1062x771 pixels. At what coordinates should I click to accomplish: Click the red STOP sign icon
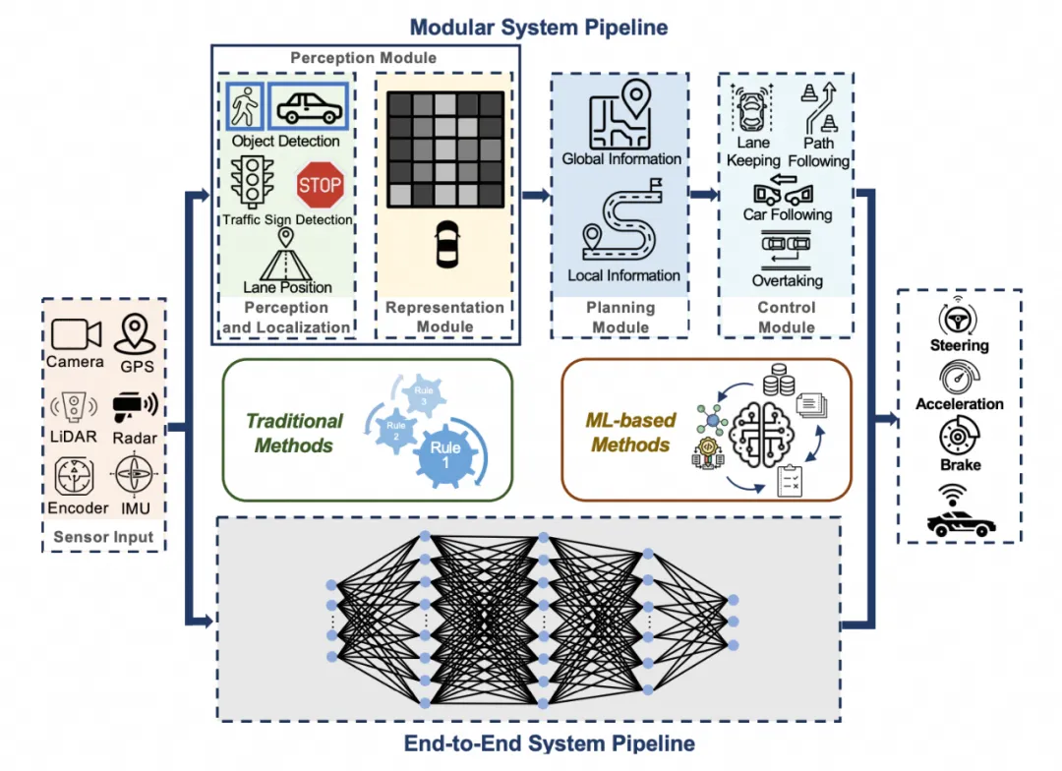click(x=320, y=185)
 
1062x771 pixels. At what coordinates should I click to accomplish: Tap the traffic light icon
click(x=252, y=182)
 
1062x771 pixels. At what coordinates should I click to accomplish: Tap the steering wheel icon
click(x=959, y=317)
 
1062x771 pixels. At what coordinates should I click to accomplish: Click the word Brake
click(x=959, y=465)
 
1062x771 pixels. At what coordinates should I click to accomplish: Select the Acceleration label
click(x=959, y=404)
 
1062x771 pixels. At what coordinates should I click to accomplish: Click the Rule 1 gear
click(x=444, y=455)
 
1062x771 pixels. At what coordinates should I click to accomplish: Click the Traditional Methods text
click(x=294, y=433)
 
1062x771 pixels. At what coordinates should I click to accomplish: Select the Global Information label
click(x=621, y=159)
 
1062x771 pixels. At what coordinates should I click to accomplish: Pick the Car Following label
click(x=787, y=214)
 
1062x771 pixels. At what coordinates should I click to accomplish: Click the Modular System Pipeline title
click(x=538, y=27)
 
